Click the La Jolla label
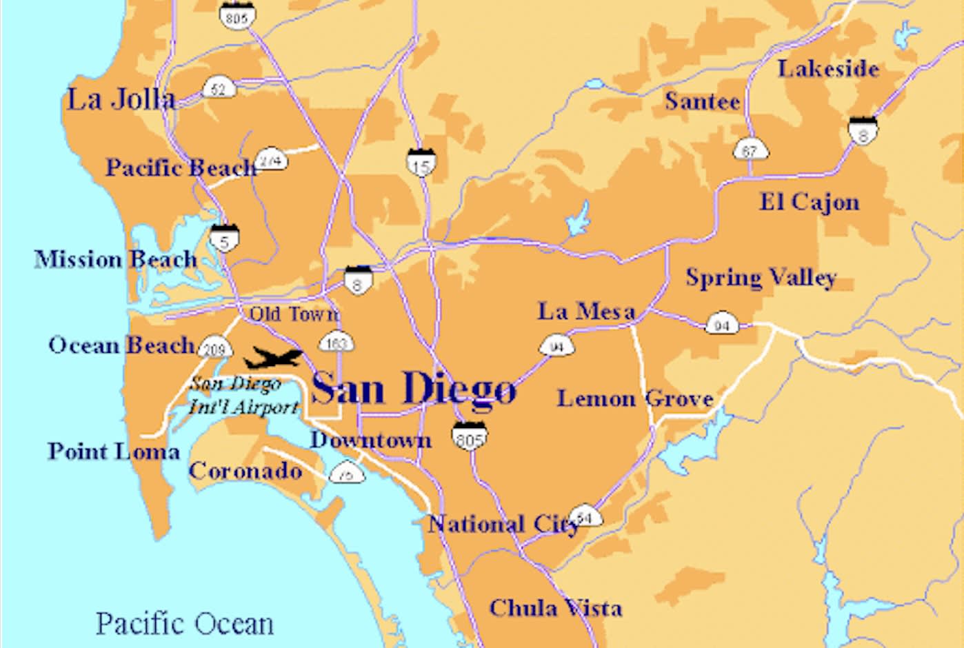(x=121, y=100)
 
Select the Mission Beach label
(x=116, y=260)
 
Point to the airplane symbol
(x=273, y=358)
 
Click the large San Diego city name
(x=413, y=388)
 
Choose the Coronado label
(x=245, y=471)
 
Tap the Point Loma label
(x=114, y=452)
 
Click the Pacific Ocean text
(x=185, y=623)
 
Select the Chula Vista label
(x=555, y=608)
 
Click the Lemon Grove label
(x=634, y=398)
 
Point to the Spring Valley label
(x=761, y=278)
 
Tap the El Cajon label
(x=810, y=202)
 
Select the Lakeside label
(x=828, y=69)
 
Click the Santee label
(x=702, y=101)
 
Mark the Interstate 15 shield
(x=420, y=162)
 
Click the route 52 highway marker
(x=219, y=88)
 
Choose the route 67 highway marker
(x=750, y=150)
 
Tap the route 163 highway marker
(x=336, y=342)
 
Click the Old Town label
(x=294, y=314)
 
